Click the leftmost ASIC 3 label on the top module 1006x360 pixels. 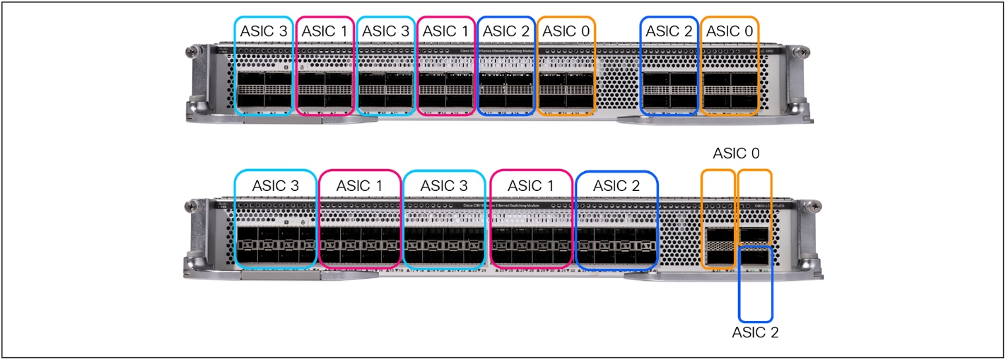[264, 31]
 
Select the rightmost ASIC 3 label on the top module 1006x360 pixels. [386, 31]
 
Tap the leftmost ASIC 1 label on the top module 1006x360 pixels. [325, 31]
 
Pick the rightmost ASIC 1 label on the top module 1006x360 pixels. [446, 31]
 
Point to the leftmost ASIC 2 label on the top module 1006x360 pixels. [506, 31]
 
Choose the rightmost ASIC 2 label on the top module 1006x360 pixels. [669, 31]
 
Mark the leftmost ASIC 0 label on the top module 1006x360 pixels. [566, 31]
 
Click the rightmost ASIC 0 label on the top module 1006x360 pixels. [729, 31]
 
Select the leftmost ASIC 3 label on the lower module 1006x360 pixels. [275, 186]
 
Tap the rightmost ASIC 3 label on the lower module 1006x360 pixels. [444, 186]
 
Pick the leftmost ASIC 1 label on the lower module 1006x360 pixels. [360, 186]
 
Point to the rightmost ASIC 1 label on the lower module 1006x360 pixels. [530, 186]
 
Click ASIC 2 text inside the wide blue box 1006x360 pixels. [616, 186]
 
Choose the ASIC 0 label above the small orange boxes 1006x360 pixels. [737, 153]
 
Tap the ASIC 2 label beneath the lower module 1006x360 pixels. [755, 332]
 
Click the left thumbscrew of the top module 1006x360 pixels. [189, 51]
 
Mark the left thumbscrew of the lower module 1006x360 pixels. [189, 207]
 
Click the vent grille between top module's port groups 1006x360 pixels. [617, 81]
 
